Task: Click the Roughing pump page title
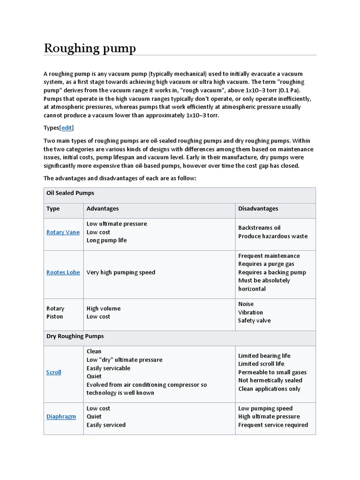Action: coord(90,48)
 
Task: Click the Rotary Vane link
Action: coord(63,232)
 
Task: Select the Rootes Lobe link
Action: coord(63,272)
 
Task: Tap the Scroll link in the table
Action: coord(53,372)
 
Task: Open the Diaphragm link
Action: coord(61,416)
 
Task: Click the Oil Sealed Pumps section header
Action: coord(70,193)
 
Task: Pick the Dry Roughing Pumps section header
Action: coord(75,336)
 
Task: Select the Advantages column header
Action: coord(103,209)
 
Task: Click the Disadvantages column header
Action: coord(258,209)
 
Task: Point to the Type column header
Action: coord(53,209)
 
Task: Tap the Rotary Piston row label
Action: coord(55,313)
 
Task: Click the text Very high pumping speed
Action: coord(121,272)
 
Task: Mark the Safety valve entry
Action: coord(254,321)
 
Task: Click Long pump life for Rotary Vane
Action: coord(106,240)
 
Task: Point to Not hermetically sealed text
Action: coord(270,380)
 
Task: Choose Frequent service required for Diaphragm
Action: coord(273,425)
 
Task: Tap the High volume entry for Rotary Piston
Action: coord(103,308)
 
